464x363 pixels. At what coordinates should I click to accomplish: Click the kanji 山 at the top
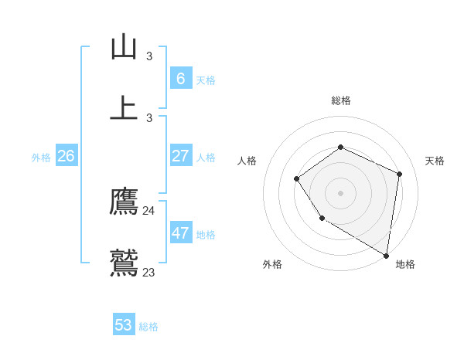pyautogui.click(x=124, y=47)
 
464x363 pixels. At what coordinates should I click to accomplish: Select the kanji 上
pyautogui.click(x=124, y=108)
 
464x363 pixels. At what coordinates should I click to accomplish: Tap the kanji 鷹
pyautogui.click(x=124, y=202)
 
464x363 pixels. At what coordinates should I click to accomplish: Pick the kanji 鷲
pyautogui.click(x=124, y=263)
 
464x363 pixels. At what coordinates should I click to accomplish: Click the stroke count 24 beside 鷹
pyautogui.click(x=148, y=211)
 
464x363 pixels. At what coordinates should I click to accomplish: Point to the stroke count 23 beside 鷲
pyautogui.click(x=148, y=272)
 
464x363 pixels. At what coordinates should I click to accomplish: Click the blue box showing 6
pyautogui.click(x=180, y=78)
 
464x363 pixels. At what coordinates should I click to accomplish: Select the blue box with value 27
pyautogui.click(x=180, y=156)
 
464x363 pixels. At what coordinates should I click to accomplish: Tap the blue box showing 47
pyautogui.click(x=180, y=233)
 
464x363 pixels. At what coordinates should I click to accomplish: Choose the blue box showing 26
pyautogui.click(x=66, y=156)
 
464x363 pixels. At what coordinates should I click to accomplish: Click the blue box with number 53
pyautogui.click(x=124, y=325)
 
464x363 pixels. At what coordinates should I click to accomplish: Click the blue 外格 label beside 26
pyautogui.click(x=41, y=158)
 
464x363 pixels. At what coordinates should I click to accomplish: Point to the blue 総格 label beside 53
pyautogui.click(x=148, y=327)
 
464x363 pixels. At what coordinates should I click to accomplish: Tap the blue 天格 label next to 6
pyautogui.click(x=206, y=80)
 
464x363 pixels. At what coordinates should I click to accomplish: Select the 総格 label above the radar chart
pyautogui.click(x=340, y=100)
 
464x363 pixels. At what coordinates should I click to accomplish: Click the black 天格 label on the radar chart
pyautogui.click(x=435, y=161)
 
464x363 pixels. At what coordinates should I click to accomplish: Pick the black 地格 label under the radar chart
pyautogui.click(x=405, y=264)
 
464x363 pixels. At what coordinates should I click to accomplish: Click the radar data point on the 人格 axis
pyautogui.click(x=297, y=179)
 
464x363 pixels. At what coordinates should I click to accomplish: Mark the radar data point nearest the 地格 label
pyautogui.click(x=386, y=255)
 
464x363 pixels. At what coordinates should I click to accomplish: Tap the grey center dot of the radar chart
pyautogui.click(x=340, y=193)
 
